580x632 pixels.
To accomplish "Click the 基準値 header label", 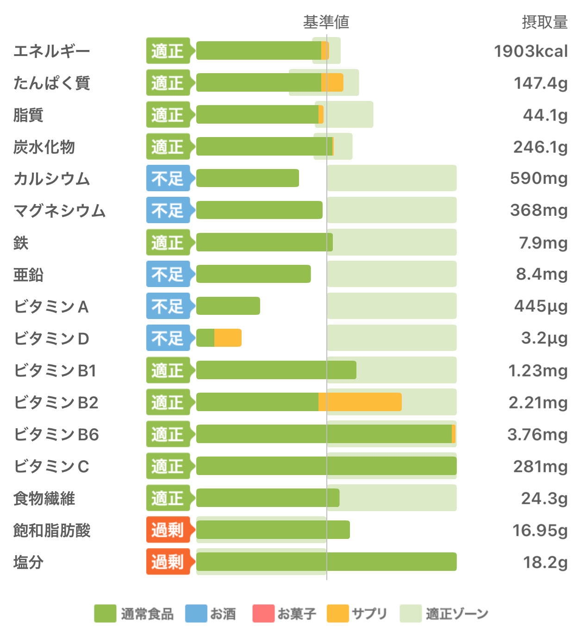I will pos(326,22).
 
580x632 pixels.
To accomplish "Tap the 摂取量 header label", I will pos(544,22).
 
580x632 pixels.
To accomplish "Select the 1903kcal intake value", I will pos(530,51).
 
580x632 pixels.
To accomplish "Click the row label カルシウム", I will pos(51,179).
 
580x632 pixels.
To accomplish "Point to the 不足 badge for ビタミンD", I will pos(168,338).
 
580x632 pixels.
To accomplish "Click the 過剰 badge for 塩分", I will pos(168,562).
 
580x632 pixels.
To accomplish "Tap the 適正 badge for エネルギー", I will pos(168,50).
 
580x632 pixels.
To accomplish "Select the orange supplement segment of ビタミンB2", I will pos(360,402).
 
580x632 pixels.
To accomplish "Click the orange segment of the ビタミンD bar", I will pos(228,338).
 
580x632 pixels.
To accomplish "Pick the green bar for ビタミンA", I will pos(228,306).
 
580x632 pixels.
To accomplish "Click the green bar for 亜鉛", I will pos(254,274).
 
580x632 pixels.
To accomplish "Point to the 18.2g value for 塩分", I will pos(545,562).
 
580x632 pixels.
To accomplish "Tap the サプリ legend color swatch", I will pos(337,613).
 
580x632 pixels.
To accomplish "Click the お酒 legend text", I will pos(223,614).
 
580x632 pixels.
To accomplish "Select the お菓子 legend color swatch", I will pos(263,613).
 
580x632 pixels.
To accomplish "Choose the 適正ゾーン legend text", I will pos(457,614).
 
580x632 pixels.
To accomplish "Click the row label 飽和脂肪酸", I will pos(52,530).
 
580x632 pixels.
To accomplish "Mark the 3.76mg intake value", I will pos(537,434).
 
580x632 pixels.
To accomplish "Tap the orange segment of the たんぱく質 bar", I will pos(332,82).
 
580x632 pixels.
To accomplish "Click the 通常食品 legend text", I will pos(147,614).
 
